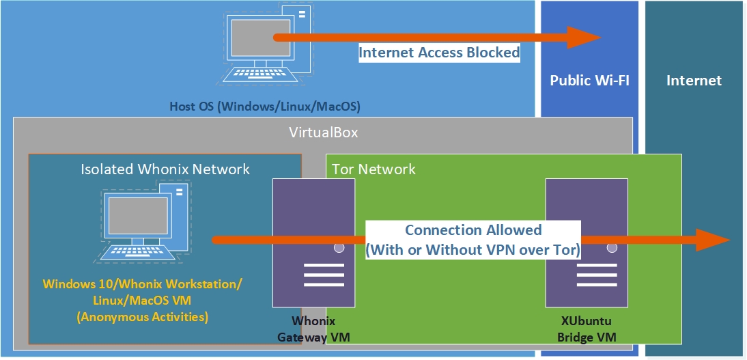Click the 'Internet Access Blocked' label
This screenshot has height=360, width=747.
point(439,53)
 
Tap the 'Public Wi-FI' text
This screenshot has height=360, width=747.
point(589,81)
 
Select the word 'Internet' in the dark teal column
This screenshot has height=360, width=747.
point(694,81)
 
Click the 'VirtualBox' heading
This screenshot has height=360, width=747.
point(324,133)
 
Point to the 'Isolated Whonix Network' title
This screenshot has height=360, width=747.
point(165,169)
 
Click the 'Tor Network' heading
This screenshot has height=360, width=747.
point(373,169)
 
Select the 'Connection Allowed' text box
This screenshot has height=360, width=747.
point(473,240)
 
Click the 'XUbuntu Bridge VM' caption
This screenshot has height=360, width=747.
point(587,329)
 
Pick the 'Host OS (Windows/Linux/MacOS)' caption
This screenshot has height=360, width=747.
point(265,107)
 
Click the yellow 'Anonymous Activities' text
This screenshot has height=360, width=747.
point(143,316)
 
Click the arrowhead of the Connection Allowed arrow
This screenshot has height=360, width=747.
point(713,240)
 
